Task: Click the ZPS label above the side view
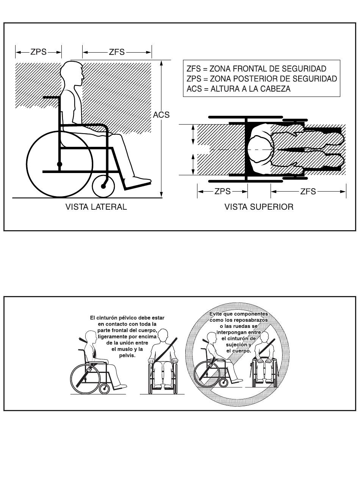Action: coord(39,52)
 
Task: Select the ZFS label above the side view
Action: coord(117,52)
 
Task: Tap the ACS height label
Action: coord(161,115)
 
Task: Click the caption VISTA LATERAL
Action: coord(96,207)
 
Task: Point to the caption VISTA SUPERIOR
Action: coord(259,207)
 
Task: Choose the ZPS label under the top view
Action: coord(222,191)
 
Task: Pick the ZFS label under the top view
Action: coord(308,191)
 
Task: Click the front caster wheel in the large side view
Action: coord(103,186)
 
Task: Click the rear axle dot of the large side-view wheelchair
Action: coord(59,164)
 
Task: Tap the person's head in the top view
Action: coord(261,150)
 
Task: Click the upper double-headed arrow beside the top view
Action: coord(193,135)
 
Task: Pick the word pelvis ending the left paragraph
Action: coord(127,355)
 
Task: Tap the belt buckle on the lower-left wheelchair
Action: coord(89,369)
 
